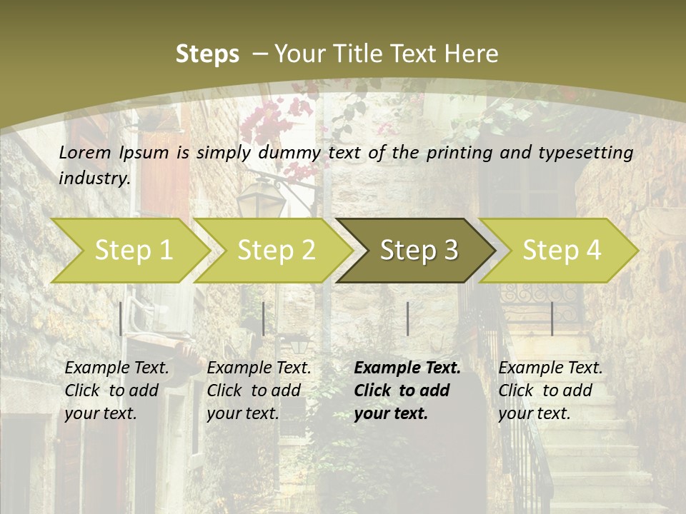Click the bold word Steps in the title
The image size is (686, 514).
click(207, 54)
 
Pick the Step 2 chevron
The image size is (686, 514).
click(275, 250)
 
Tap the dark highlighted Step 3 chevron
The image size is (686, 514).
click(418, 250)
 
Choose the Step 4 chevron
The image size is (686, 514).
click(561, 250)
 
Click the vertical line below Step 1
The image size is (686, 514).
click(121, 318)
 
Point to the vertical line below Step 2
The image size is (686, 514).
click(264, 318)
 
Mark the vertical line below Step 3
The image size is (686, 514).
click(407, 318)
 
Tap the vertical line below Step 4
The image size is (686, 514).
click(552, 318)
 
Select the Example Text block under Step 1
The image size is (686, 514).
click(116, 390)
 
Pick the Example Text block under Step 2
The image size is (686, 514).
click(259, 390)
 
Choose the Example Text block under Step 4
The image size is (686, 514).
click(550, 390)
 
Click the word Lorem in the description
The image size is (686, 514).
click(85, 153)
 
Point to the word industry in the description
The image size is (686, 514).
click(94, 178)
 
